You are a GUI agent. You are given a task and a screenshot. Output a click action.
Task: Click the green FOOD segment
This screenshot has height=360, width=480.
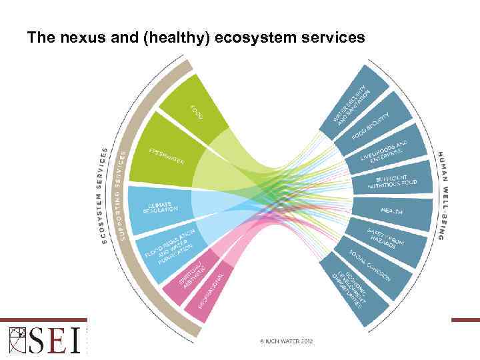tap(190, 110)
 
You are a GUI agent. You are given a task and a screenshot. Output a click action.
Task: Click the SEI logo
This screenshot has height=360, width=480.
tap(43, 339)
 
